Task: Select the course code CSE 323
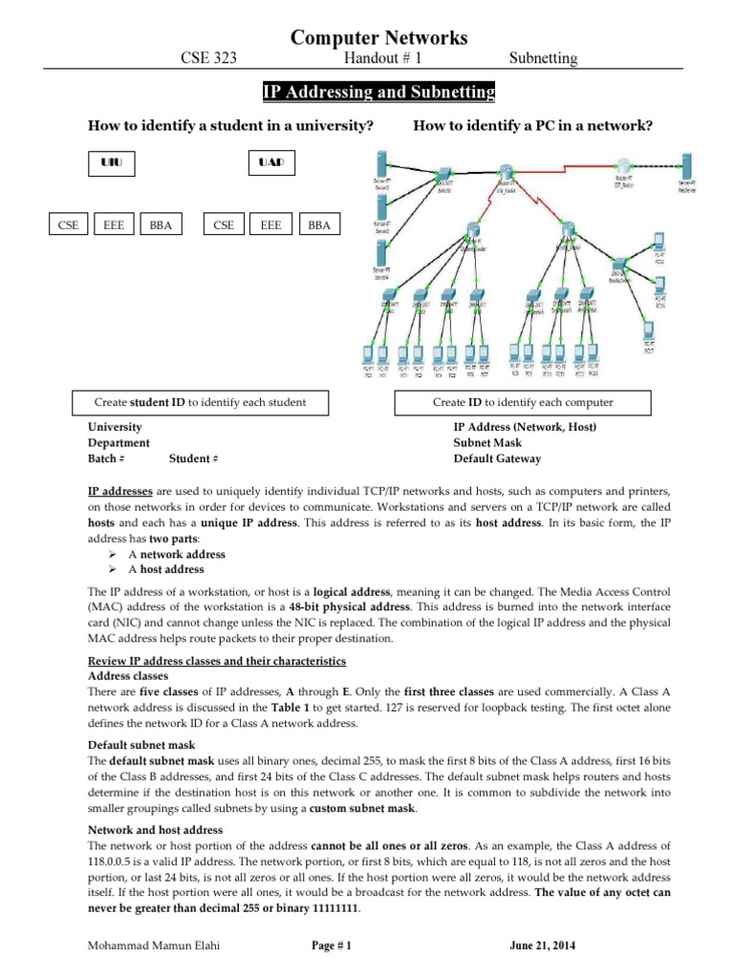(208, 59)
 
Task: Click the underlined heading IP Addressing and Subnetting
(379, 93)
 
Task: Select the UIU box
(112, 163)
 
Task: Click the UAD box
(271, 163)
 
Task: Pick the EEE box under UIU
(114, 225)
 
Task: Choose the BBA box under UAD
(317, 225)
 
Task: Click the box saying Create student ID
(201, 402)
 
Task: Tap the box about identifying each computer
(523, 402)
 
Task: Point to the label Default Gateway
(497, 458)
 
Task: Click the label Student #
(194, 458)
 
